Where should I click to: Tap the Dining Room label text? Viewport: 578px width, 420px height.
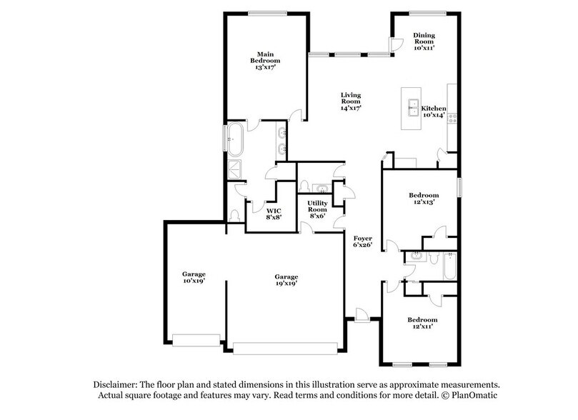tap(424, 41)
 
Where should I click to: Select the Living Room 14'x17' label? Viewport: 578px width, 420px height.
tap(350, 101)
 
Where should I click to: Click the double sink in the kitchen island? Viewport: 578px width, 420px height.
tap(412, 109)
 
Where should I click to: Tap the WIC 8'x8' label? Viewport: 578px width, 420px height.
tap(273, 214)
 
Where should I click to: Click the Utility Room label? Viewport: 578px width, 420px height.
tap(318, 209)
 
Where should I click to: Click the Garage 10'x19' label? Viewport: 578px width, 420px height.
tap(194, 277)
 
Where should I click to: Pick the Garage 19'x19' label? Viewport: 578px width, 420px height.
tap(286, 280)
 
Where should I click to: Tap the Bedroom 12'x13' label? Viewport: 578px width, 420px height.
tap(422, 198)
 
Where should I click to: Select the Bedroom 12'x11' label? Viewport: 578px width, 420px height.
tap(422, 323)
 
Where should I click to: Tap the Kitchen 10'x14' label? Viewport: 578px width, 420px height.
tap(433, 111)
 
